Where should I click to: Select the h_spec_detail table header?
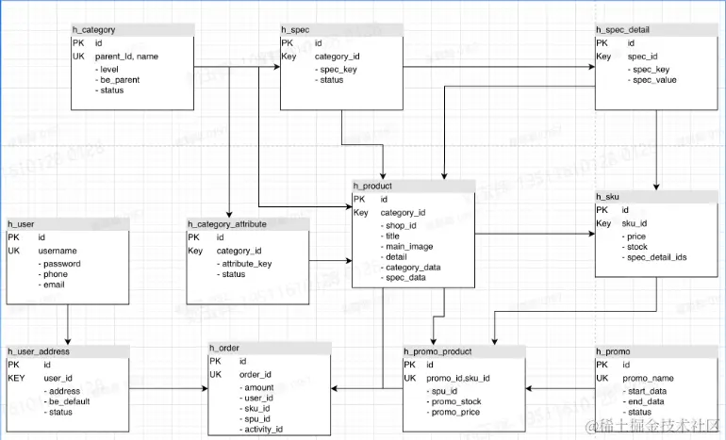(x=622, y=31)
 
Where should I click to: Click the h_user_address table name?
(x=40, y=350)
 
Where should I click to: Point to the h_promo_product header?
(x=438, y=350)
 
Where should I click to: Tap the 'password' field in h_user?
(x=61, y=264)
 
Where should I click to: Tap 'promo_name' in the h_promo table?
(x=649, y=378)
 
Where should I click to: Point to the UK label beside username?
(x=13, y=252)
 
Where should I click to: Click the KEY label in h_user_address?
(x=17, y=377)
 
